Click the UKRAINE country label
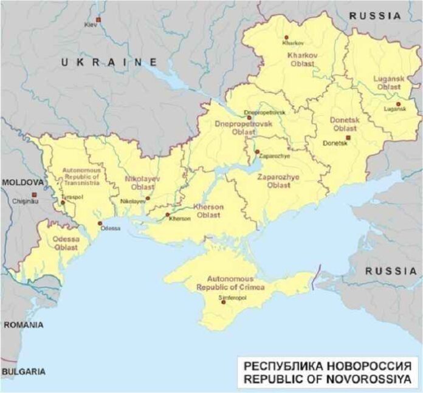(x=109, y=62)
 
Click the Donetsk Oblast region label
(x=343, y=123)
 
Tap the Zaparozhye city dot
(x=257, y=152)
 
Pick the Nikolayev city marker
(x=148, y=197)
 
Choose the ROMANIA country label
(x=23, y=325)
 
